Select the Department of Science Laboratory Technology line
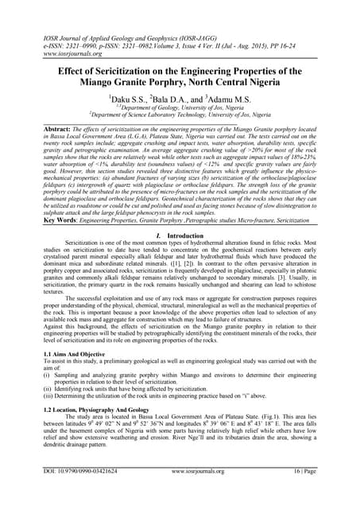[180, 116]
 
